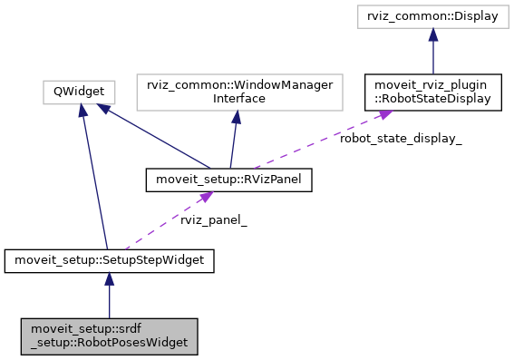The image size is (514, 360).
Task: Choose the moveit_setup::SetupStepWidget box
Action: [109, 261]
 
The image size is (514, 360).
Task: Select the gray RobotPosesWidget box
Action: [109, 336]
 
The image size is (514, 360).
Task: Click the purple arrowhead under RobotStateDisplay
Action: [383, 114]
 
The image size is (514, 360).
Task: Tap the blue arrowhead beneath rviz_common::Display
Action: [434, 34]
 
